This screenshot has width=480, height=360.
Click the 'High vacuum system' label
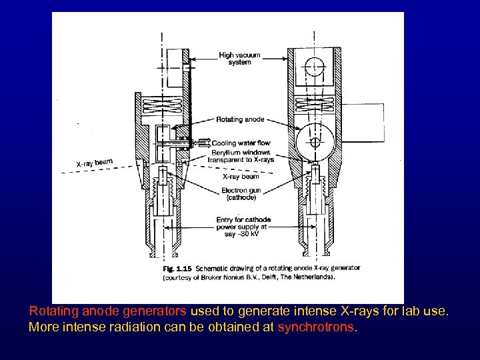coord(239,59)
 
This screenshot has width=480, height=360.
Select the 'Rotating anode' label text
coord(240,120)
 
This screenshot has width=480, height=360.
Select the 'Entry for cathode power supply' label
coord(241,225)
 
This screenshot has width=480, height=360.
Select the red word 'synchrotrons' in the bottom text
coord(317,327)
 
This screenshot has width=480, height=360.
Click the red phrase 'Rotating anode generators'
coord(109,311)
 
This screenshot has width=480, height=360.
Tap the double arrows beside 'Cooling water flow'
coord(201,142)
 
